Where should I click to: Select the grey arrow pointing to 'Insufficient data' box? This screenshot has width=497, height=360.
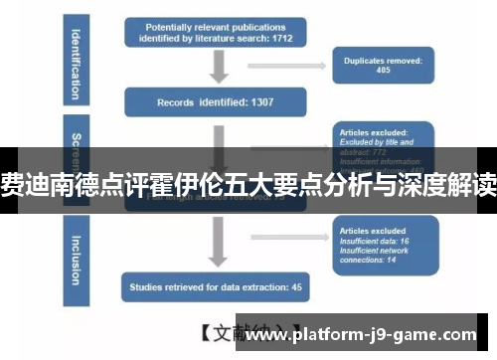point(288,236)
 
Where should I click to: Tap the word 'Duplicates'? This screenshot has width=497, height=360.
point(363,60)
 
